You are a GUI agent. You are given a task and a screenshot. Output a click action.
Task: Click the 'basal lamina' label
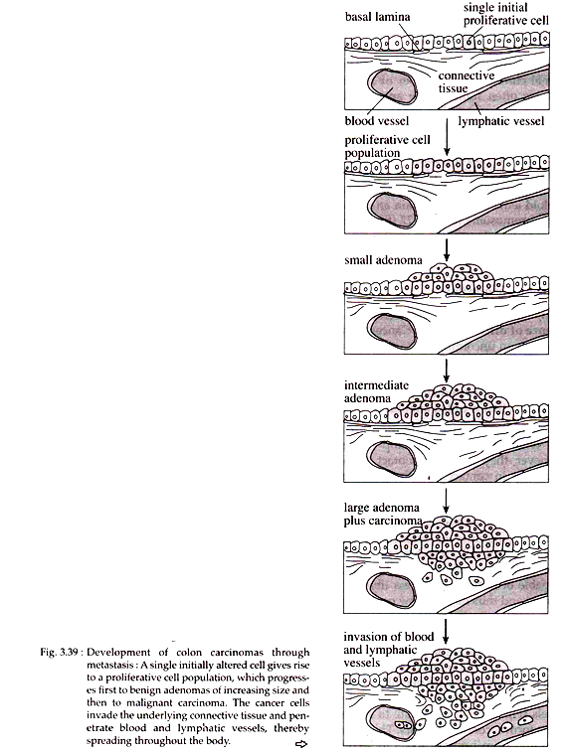[377, 17]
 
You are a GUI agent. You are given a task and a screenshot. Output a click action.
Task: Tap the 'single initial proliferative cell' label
[505, 14]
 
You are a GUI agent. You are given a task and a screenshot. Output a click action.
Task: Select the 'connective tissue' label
[466, 82]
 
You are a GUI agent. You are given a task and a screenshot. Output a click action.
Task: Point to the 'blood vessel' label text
[377, 120]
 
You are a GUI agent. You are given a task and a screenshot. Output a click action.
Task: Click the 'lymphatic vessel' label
[501, 121]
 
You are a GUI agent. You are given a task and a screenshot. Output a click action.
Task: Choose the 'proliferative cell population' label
[387, 146]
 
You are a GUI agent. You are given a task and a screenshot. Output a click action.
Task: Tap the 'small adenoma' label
[383, 260]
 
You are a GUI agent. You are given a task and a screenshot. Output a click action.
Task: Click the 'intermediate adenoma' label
[376, 391]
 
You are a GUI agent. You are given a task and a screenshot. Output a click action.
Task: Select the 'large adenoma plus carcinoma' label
[383, 514]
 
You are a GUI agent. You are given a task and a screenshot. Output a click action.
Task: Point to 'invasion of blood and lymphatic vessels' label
[389, 650]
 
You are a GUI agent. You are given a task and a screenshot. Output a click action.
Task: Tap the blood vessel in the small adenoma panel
[392, 331]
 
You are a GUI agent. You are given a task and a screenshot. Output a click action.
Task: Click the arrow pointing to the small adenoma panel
[447, 249]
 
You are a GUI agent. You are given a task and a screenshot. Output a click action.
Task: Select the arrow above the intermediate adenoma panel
[447, 371]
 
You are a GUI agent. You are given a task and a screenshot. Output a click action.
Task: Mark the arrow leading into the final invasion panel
[446, 631]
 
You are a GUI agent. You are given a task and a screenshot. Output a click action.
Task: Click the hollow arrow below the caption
[301, 744]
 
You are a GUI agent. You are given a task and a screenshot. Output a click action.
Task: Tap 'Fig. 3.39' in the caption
[59, 652]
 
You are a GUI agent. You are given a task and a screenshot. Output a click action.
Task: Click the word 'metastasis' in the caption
[108, 666]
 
